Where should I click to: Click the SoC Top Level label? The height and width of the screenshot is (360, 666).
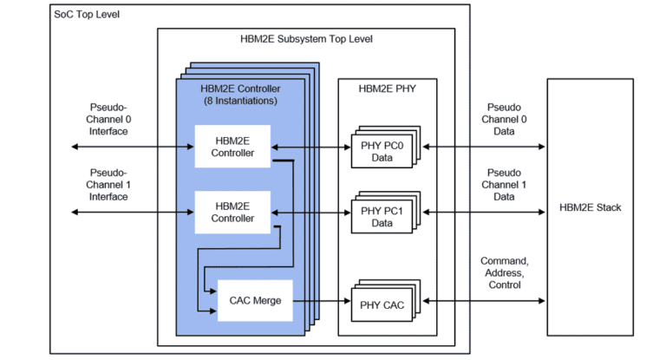87,15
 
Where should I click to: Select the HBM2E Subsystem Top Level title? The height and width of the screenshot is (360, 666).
306,40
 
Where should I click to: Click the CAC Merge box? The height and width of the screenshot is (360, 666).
255,301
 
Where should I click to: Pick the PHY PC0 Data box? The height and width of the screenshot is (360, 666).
382,147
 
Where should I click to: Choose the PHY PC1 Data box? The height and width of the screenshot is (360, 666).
382,213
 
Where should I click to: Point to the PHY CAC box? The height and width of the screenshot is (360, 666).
382,304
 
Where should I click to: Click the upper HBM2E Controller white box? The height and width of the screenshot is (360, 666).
232,147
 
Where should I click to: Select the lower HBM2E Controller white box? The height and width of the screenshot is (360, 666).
232,212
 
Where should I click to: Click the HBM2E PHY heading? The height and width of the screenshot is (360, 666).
388,88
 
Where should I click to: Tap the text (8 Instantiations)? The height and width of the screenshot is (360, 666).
239,101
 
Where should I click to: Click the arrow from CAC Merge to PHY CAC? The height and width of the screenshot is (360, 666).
322,302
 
